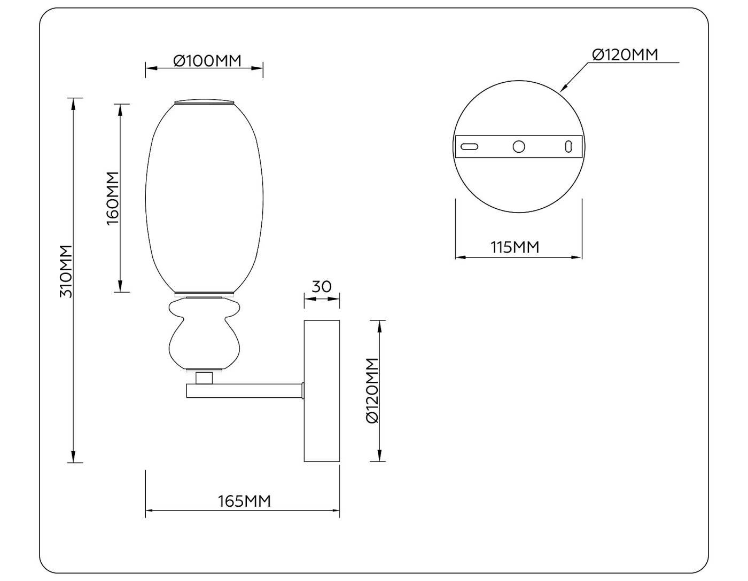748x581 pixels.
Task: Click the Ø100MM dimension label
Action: pyautogui.click(x=207, y=61)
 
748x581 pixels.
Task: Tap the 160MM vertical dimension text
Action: pyautogui.click(x=112, y=198)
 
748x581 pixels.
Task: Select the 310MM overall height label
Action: pyautogui.click(x=66, y=271)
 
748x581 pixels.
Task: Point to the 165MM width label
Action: pyautogui.click(x=244, y=501)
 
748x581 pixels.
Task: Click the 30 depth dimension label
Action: pyautogui.click(x=321, y=287)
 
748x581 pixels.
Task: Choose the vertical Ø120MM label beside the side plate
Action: pyautogui.click(x=372, y=390)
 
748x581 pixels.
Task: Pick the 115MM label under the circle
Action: pyautogui.click(x=515, y=247)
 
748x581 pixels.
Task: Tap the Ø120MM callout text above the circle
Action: pyautogui.click(x=625, y=54)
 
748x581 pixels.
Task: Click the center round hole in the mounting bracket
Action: pyautogui.click(x=519, y=146)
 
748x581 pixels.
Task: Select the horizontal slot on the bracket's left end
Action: pyautogui.click(x=470, y=146)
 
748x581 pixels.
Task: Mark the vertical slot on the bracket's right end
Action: pyautogui.click(x=568, y=146)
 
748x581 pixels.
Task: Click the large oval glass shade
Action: pyautogui.click(x=205, y=198)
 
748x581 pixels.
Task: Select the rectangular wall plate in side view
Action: pyautogui.click(x=322, y=391)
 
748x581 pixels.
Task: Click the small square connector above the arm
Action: pyautogui.click(x=204, y=378)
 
